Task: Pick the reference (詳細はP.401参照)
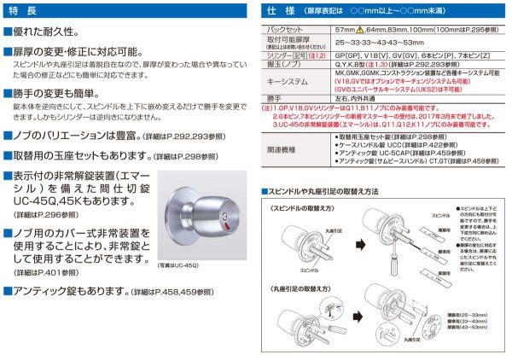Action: click(42, 272)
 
